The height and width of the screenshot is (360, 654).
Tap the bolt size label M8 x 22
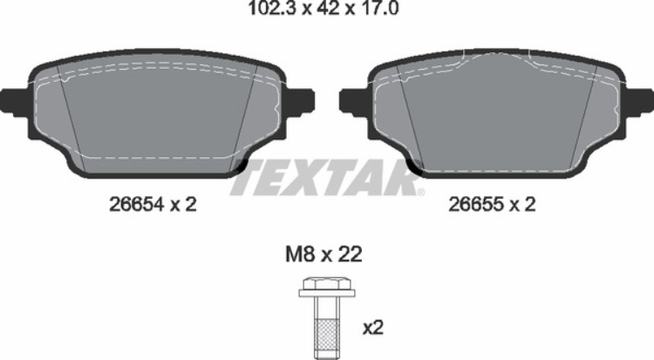tap(324, 255)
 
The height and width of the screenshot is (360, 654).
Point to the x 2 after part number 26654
tap(183, 205)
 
